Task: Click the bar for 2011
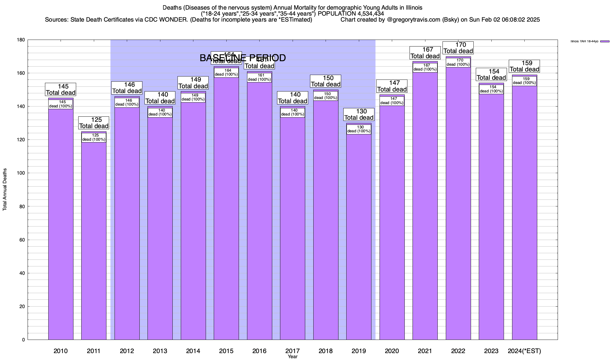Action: [x=94, y=240]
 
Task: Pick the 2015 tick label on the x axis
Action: [x=226, y=351]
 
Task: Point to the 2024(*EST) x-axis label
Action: [x=524, y=351]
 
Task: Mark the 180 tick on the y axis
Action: [x=21, y=40]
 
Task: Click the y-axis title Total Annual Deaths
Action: [x=5, y=189]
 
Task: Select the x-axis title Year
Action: [x=293, y=357]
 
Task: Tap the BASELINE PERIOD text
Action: [x=243, y=58]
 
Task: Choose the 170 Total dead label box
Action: [x=458, y=48]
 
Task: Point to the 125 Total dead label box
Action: [x=94, y=123]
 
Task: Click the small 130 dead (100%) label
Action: [x=359, y=129]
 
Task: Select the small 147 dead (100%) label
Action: [x=392, y=101]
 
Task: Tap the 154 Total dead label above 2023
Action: [x=491, y=75]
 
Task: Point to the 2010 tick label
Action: [x=61, y=351]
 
